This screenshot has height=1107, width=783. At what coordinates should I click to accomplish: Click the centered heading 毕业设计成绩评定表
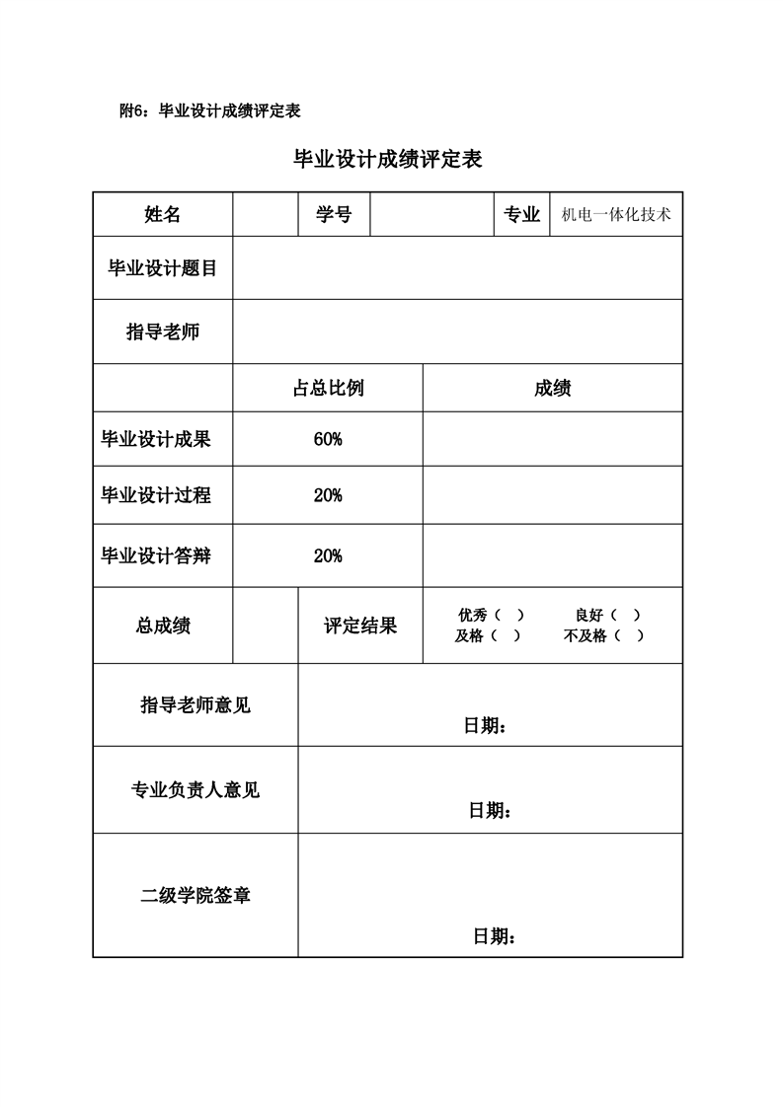pyautogui.click(x=388, y=160)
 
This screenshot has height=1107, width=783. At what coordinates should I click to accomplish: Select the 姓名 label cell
pyautogui.click(x=163, y=214)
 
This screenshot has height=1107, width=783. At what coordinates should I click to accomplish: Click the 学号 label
pyautogui.click(x=334, y=214)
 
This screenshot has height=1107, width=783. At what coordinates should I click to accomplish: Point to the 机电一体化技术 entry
pyautogui.click(x=615, y=214)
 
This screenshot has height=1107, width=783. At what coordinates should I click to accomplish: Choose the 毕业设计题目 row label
pyautogui.click(x=163, y=267)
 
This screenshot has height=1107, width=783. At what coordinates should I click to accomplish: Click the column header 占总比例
pyautogui.click(x=328, y=388)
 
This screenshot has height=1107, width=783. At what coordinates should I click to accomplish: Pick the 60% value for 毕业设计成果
pyautogui.click(x=328, y=440)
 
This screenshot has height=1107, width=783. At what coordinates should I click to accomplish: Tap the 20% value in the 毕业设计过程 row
pyautogui.click(x=328, y=495)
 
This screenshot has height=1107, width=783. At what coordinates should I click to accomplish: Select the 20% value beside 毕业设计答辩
pyautogui.click(x=328, y=555)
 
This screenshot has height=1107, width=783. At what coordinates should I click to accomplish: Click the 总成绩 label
pyautogui.click(x=163, y=626)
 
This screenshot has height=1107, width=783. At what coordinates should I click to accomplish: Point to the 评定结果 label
pyautogui.click(x=360, y=626)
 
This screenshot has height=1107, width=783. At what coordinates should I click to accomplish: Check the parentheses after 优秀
pyautogui.click(x=509, y=615)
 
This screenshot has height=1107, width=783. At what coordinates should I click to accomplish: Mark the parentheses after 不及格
pyautogui.click(x=629, y=636)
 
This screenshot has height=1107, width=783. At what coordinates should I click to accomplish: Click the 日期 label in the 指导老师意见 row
pyautogui.click(x=485, y=726)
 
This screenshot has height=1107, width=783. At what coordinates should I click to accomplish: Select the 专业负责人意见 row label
pyautogui.click(x=196, y=790)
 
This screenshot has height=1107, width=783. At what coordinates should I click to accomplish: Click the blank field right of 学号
pyautogui.click(x=431, y=214)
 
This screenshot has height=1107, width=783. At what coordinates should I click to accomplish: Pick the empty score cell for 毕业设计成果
pyautogui.click(x=552, y=440)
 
